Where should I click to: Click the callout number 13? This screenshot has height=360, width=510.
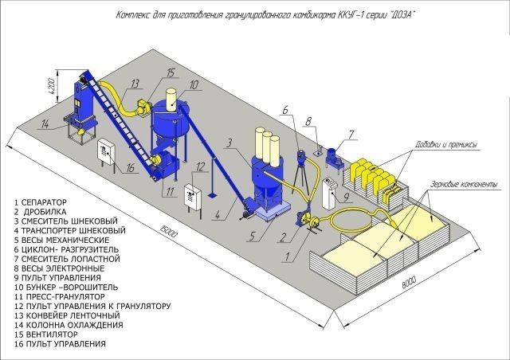point(135,84)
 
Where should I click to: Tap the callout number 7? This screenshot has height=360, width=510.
point(351,135)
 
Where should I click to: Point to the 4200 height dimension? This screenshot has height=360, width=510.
point(52,86)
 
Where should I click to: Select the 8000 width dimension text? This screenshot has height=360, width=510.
point(409,282)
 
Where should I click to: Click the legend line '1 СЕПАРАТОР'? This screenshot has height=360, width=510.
point(41,202)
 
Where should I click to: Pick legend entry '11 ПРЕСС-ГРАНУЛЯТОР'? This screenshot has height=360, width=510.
point(60,296)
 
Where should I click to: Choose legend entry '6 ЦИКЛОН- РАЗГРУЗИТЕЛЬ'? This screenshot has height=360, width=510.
point(67,249)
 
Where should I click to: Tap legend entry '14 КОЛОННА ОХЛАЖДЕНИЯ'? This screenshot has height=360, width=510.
point(69,325)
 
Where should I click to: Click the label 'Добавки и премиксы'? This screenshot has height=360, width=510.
point(445,144)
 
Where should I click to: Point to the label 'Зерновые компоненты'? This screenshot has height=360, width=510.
point(464,184)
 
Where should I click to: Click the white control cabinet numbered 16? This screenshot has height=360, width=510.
point(106,152)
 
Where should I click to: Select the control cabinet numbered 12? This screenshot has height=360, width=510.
point(193,196)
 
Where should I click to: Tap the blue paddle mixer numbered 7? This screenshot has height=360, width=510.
point(334,158)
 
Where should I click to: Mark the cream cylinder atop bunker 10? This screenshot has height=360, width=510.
point(171,100)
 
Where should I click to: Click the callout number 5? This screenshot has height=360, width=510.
point(252,237)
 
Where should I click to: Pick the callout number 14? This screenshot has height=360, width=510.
point(45,124)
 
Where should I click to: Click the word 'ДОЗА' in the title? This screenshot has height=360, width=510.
point(402,15)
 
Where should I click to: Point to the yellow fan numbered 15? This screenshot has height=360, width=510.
point(143,107)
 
